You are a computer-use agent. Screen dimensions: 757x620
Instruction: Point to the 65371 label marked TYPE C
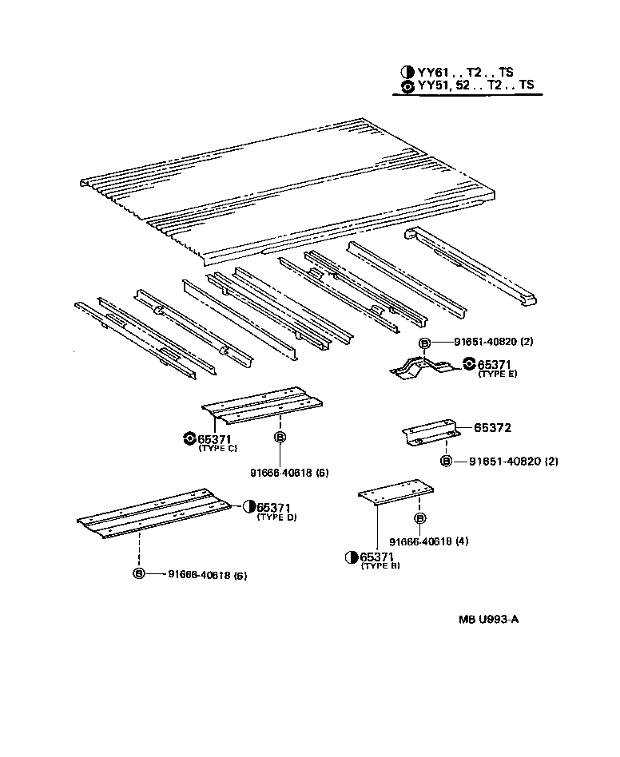coord(217,438)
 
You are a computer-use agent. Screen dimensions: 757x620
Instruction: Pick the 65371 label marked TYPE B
coord(376,557)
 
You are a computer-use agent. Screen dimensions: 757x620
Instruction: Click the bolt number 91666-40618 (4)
coord(429,541)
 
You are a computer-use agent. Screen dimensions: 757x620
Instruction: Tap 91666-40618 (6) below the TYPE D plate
coord(207,574)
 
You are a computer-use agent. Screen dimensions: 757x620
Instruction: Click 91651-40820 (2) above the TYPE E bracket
coord(493,342)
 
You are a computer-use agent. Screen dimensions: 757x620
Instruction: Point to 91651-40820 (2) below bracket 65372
coord(507,462)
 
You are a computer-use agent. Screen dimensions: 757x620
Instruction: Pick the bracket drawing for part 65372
coord(429,434)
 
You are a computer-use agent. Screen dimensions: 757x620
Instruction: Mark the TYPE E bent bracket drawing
coord(422,367)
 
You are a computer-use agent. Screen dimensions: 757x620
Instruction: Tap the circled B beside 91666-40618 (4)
coord(419,518)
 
